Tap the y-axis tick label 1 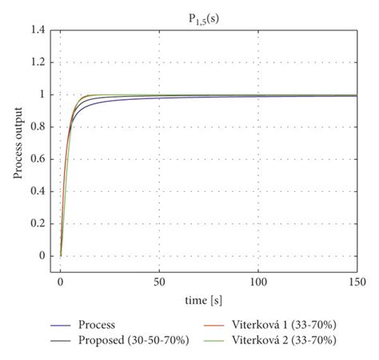click(x=42, y=94)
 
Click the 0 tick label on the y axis click(x=42, y=256)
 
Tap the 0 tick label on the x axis click(x=60, y=282)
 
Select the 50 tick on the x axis click(x=159, y=282)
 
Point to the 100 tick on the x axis click(x=258, y=282)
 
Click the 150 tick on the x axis click(x=357, y=282)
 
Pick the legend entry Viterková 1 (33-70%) click(x=293, y=326)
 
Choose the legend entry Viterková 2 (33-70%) click(x=293, y=341)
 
